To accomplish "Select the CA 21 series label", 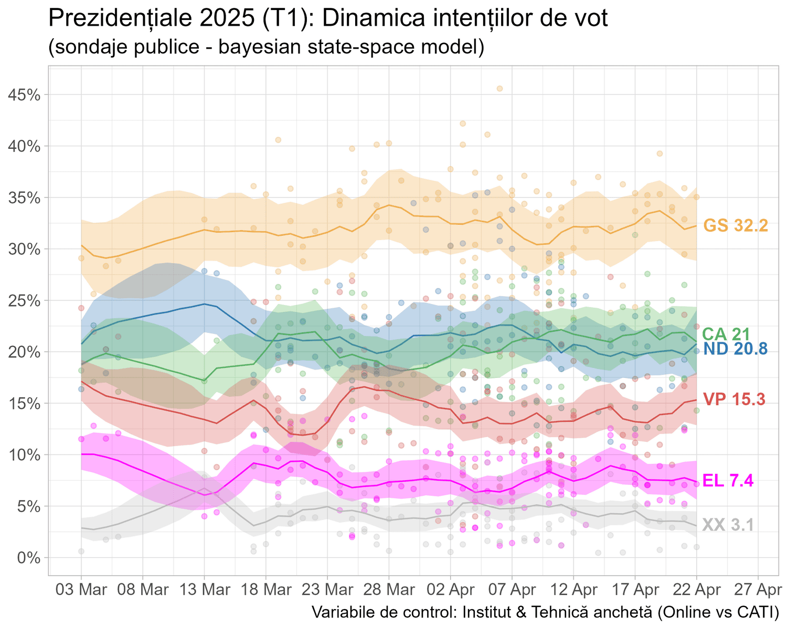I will (726, 334).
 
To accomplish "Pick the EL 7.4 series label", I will (728, 480).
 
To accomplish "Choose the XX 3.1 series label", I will (728, 525).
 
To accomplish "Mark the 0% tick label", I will (29, 558).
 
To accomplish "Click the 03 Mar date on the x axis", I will (81, 590).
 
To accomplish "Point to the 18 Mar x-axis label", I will (266, 590).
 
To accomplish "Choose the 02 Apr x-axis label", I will (450, 590).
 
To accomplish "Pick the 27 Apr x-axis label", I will (758, 590).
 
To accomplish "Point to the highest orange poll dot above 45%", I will (499, 89).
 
